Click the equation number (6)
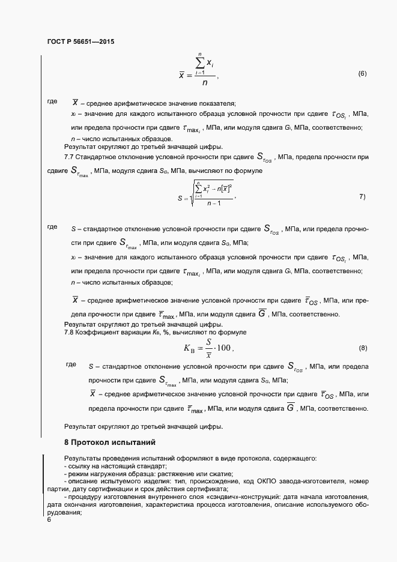point(362,74)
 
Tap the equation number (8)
point(362,348)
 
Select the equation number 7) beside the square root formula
point(362,196)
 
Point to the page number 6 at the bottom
point(49,520)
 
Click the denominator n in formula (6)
point(205,83)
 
